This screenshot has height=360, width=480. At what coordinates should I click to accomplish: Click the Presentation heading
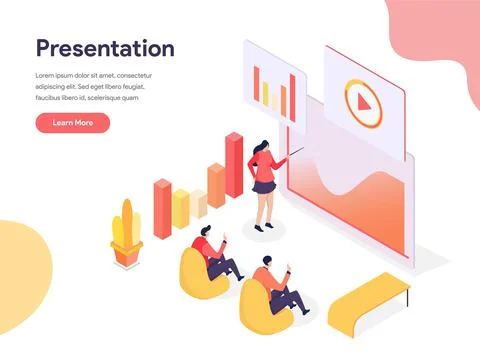point(105,48)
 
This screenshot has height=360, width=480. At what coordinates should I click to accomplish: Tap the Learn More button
point(72,123)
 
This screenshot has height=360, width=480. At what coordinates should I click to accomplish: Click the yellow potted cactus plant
point(126,228)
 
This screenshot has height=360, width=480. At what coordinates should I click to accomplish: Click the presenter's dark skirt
point(264,185)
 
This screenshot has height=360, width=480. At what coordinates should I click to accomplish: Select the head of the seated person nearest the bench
point(266,264)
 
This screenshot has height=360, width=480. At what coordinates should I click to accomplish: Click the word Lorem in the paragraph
point(46,76)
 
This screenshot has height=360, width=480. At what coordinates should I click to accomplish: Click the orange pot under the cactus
point(126,256)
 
